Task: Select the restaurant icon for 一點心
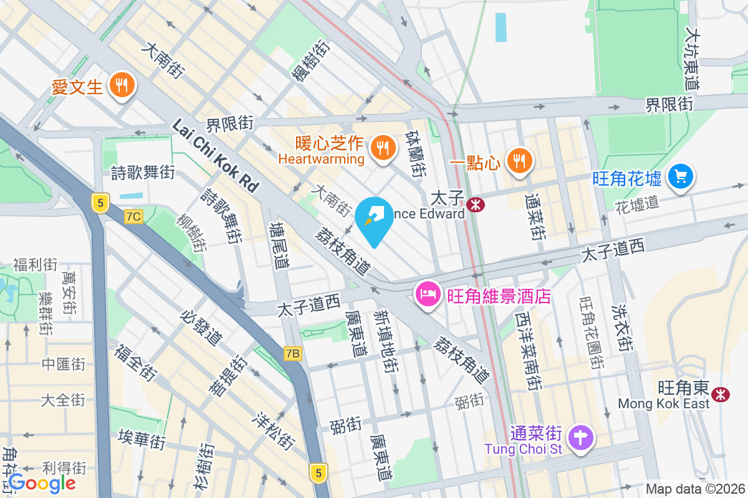click(x=518, y=161)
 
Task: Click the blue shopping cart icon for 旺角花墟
click(x=680, y=177)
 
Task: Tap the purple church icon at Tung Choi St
click(x=580, y=438)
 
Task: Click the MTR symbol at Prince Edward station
click(x=477, y=204)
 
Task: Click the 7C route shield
click(x=133, y=217)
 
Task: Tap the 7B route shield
click(x=292, y=354)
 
